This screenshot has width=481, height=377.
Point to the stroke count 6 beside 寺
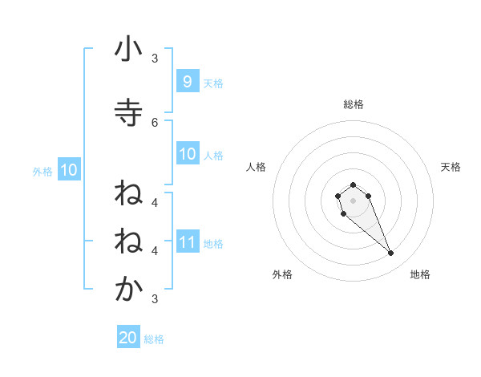(x=156, y=122)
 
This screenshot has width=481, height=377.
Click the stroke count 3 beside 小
(x=156, y=58)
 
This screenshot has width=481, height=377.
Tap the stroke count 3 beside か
(x=156, y=299)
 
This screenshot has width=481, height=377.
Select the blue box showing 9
(x=187, y=81)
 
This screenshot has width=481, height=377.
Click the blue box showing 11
(x=188, y=241)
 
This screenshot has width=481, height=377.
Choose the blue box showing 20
(x=128, y=338)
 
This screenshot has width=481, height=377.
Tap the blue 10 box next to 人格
(x=188, y=154)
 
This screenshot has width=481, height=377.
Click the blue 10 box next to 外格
(x=68, y=170)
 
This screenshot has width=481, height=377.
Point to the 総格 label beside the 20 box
(x=154, y=339)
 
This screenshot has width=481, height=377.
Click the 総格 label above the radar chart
(x=353, y=104)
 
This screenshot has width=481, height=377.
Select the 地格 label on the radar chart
(x=420, y=274)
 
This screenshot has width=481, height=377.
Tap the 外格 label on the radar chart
(x=282, y=274)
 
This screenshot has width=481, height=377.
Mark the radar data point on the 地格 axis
(x=391, y=253)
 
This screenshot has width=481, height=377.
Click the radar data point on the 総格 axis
(x=353, y=184)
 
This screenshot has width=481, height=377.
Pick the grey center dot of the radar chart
(x=353, y=200)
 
